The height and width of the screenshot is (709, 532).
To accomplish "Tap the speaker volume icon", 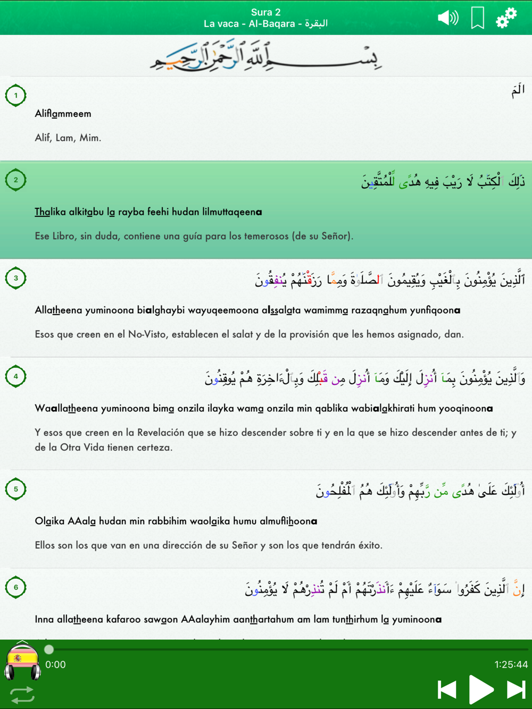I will click(448, 18).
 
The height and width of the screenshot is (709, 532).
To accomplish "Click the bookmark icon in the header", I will click(477, 18).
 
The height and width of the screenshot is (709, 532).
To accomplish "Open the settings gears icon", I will click(506, 18).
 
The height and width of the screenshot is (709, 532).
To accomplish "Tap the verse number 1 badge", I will click(16, 96).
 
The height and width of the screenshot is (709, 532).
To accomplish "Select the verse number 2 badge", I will click(16, 180).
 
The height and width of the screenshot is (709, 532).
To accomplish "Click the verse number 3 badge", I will click(16, 278).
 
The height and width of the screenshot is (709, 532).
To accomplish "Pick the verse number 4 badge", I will click(16, 376).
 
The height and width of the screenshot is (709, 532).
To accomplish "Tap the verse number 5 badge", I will click(16, 489).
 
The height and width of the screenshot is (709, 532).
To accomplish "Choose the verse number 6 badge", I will click(16, 587).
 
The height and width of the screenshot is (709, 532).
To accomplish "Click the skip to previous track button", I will click(447, 690).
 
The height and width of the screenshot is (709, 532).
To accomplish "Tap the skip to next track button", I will click(515, 690).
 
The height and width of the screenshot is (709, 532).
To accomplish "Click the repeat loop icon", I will click(22, 695).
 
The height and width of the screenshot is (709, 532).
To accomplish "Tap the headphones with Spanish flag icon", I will click(22, 662).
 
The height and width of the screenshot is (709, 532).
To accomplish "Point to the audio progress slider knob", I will click(49, 649).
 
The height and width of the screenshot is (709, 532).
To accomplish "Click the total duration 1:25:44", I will click(511, 664).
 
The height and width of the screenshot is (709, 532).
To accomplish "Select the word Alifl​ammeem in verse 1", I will click(63, 114).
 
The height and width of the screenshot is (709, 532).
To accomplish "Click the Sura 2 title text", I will click(265, 12).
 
